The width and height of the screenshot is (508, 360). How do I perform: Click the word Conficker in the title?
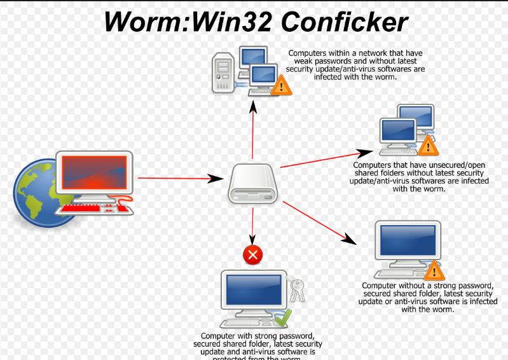344,22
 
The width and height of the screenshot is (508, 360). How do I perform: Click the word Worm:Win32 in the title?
188,22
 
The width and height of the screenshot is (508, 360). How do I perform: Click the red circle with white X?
253,256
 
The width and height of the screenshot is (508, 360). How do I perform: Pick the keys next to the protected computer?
296,289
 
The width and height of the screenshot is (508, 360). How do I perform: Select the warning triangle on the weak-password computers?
280,86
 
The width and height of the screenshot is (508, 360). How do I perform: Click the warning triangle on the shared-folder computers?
428,146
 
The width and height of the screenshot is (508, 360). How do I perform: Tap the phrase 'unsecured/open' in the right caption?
430,165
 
